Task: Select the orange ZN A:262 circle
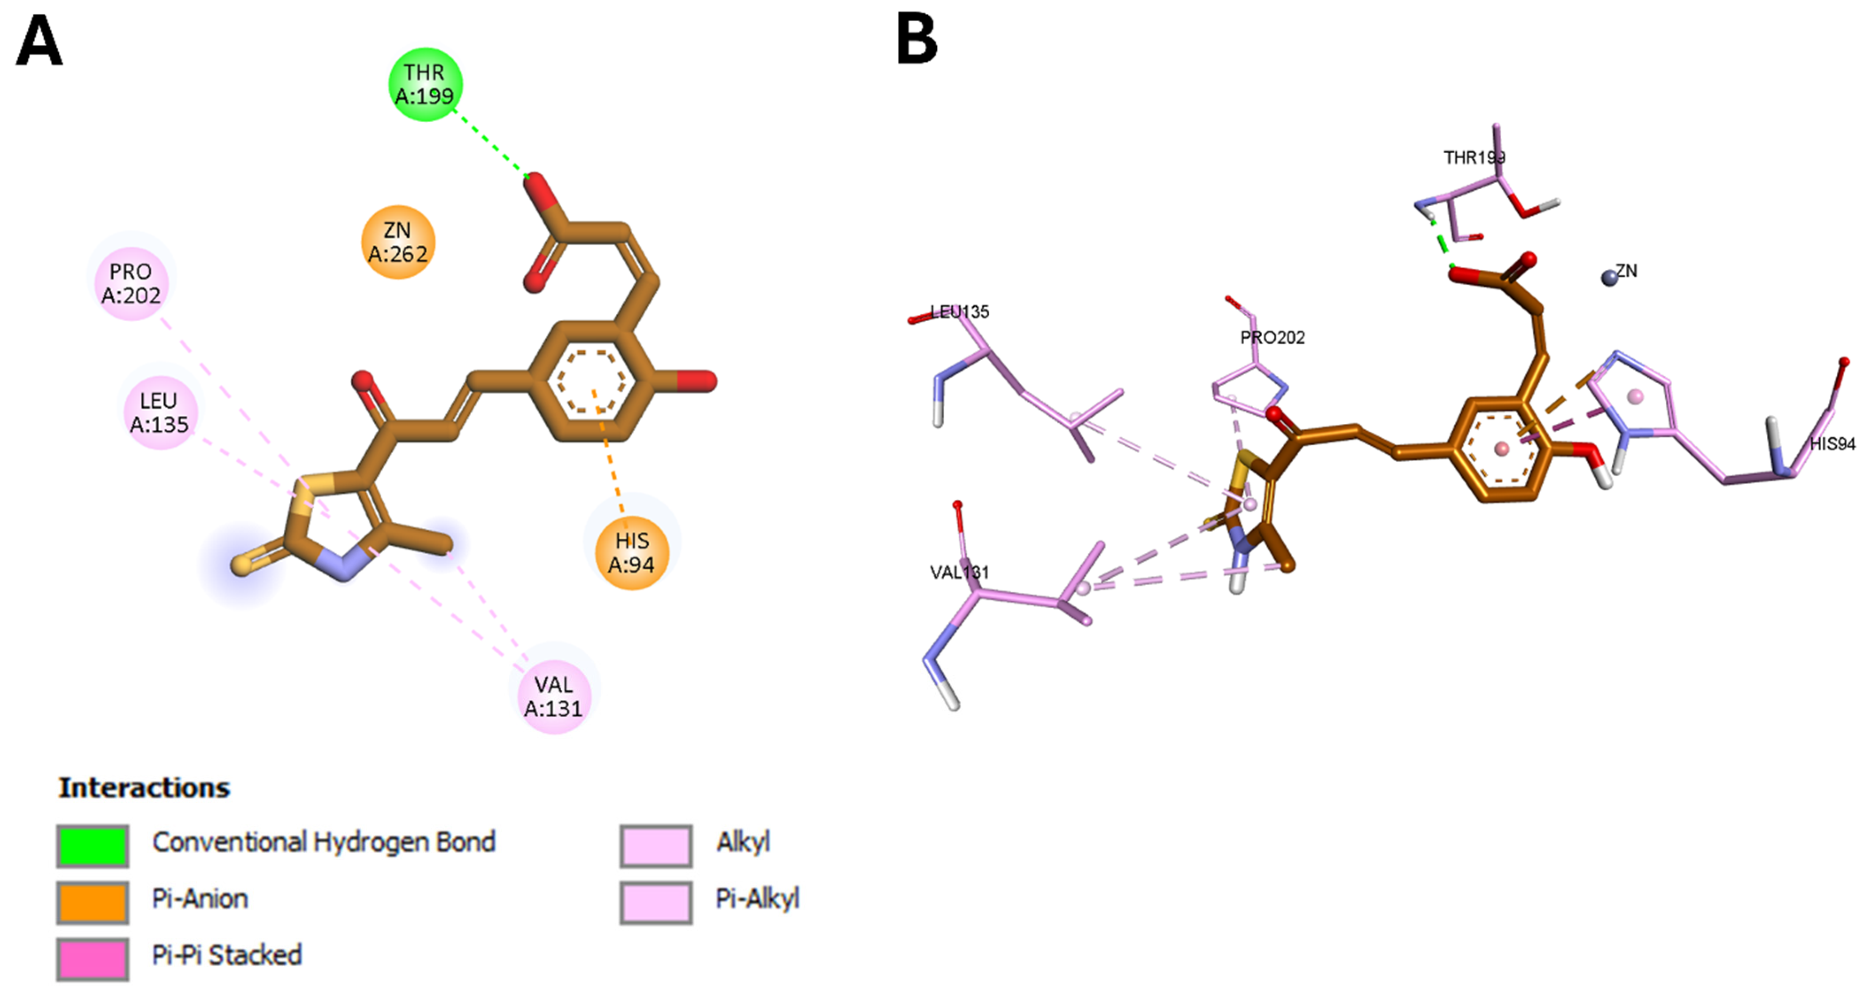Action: point(398,242)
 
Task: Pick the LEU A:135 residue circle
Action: point(160,412)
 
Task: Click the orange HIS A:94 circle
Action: point(631,552)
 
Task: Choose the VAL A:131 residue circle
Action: point(554,696)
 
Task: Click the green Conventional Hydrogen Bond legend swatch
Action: point(93,845)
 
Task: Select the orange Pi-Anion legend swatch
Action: point(93,902)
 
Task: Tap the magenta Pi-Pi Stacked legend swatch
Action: point(93,959)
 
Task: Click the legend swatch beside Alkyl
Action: point(656,845)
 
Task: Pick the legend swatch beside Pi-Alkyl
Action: point(656,902)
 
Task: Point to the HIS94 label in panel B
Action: point(1832,444)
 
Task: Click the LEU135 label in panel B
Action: point(959,312)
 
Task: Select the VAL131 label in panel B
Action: point(959,572)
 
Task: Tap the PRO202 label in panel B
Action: point(1272,338)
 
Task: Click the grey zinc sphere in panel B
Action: point(1609,277)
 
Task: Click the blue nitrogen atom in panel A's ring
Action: point(342,566)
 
